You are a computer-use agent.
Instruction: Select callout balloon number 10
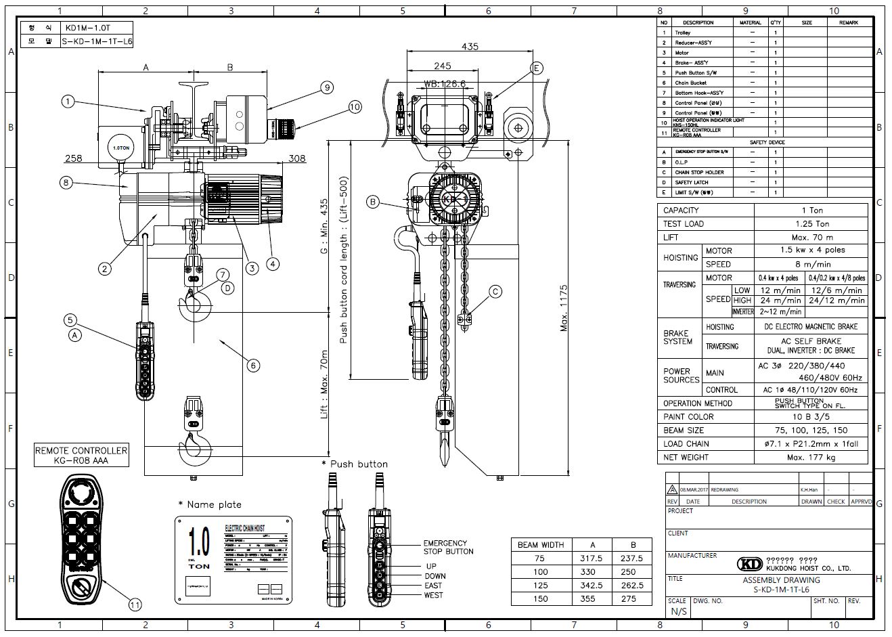pos(355,106)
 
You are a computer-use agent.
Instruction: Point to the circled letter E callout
pos(537,68)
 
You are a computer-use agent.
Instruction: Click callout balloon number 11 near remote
pos(135,605)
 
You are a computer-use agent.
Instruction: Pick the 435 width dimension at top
pos(470,46)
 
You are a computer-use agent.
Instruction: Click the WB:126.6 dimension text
pos(445,85)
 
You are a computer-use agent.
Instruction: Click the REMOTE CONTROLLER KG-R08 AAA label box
pos(81,456)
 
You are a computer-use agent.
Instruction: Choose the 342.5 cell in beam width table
pos(592,586)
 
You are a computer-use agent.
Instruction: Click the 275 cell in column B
pos(632,599)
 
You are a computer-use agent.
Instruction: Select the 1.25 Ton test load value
pos(811,223)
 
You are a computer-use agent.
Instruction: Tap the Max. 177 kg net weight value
pos(811,457)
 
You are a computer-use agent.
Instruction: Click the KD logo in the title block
pos(750,564)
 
